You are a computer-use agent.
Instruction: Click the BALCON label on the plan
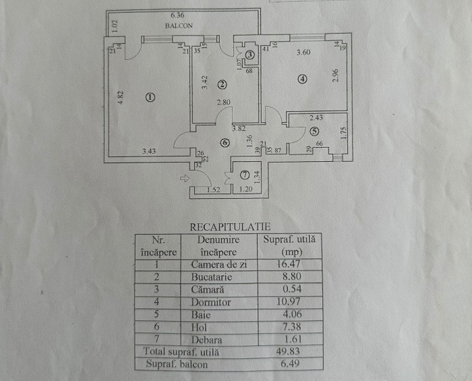coord(179,26)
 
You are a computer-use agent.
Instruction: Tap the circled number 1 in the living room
coord(150,97)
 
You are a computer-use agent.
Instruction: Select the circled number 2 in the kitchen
coord(222,85)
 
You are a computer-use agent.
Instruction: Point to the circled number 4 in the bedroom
coord(303,79)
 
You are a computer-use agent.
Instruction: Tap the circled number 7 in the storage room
coord(245,175)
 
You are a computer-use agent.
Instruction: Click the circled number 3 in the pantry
coord(250,55)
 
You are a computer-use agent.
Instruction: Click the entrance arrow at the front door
coord(184,178)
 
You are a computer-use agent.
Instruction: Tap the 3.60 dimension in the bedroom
coord(303,53)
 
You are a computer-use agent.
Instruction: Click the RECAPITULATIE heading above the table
coord(230,227)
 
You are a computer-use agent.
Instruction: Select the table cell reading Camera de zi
coord(218,264)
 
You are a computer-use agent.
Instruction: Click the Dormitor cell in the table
coord(211,302)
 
